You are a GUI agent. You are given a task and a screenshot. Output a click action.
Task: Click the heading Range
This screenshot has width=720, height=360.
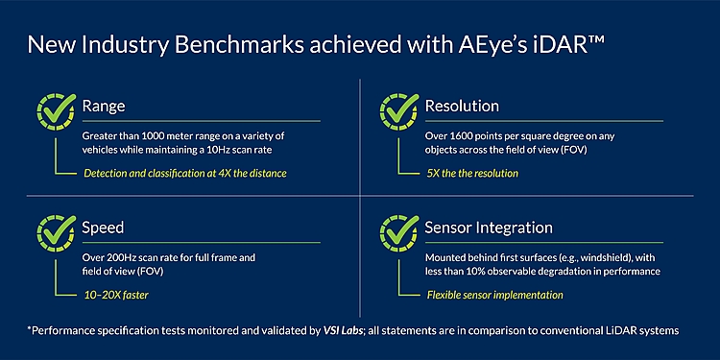tap(104, 106)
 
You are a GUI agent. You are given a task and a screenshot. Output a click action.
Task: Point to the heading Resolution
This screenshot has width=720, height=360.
tap(463, 106)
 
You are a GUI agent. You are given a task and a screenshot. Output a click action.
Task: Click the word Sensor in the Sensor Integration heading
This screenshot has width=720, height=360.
tap(450, 228)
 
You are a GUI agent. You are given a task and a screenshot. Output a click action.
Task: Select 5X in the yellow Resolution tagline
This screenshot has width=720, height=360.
tap(434, 173)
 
